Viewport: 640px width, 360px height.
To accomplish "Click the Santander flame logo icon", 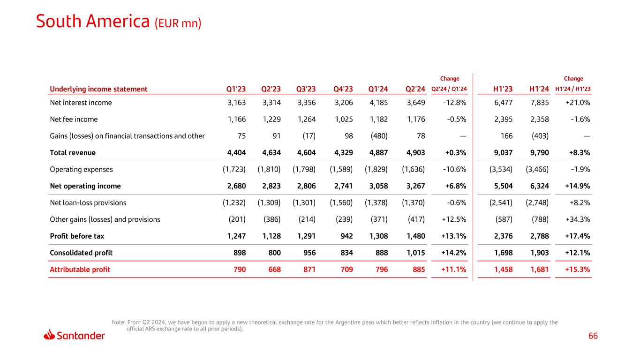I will tap(49, 335).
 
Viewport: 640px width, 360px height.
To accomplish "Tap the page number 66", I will tap(593, 336).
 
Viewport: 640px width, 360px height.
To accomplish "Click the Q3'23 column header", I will tap(306, 89).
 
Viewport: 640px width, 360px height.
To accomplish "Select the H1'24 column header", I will tap(539, 89).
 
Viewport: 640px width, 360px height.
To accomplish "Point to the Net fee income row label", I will tap(74, 120).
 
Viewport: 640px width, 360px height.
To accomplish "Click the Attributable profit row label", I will tap(80, 270).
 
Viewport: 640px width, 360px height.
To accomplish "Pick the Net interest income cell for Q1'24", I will tap(379, 103).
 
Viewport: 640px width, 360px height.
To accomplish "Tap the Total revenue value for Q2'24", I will tap(415, 153).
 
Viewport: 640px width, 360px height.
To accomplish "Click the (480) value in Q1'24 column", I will tap(379, 136).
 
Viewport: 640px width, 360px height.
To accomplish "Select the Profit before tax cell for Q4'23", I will tap(346, 236).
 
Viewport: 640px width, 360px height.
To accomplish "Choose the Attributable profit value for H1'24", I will tap(539, 270).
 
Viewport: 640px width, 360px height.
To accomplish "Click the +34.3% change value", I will tap(579, 219).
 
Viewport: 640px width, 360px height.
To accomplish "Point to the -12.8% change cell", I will tap(454, 103).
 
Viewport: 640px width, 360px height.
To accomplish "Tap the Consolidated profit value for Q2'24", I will tap(415, 253).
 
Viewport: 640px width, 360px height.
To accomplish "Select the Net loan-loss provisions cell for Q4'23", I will tap(342, 203).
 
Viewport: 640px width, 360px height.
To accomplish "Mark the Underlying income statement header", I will tap(98, 89).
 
